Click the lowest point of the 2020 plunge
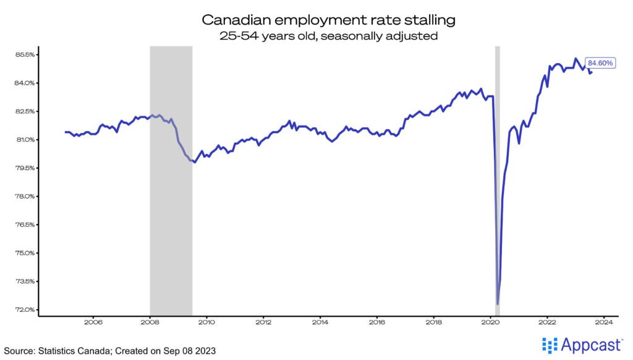pos(498,304)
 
